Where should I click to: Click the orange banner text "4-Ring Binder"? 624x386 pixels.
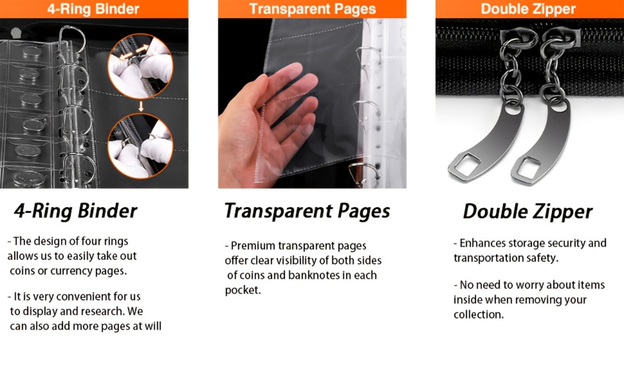(x=93, y=9)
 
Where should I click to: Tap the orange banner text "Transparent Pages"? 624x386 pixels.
(x=312, y=9)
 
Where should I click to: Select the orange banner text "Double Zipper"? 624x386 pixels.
(x=528, y=9)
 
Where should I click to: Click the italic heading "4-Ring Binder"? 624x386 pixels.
(x=76, y=211)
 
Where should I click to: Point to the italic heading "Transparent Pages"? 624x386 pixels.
(x=307, y=211)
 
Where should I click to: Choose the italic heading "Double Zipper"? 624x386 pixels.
(x=528, y=212)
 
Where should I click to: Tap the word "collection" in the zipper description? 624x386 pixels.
(x=477, y=315)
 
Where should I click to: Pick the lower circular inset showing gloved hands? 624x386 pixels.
(x=140, y=146)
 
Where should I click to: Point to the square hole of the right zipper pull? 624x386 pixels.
(x=528, y=168)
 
